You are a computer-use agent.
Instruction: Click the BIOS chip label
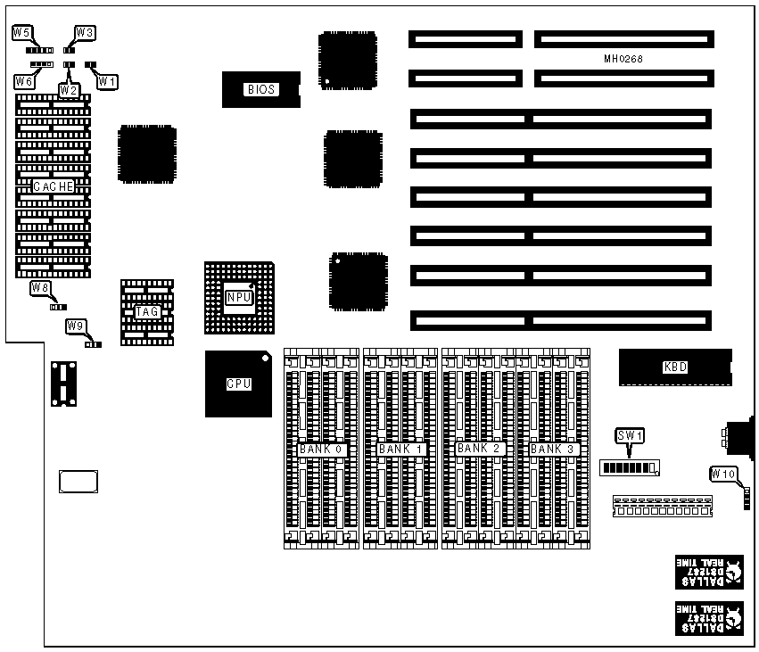point(260,89)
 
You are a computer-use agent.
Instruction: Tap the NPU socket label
point(237,297)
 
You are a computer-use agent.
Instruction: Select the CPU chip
point(238,384)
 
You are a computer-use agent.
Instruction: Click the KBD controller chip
point(675,367)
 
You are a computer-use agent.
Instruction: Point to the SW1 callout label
point(630,436)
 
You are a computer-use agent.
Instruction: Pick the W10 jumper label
point(723,474)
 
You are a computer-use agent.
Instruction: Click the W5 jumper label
point(22,33)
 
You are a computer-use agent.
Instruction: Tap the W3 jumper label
point(86,33)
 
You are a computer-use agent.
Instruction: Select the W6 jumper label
point(24,81)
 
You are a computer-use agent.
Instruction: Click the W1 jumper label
point(107,81)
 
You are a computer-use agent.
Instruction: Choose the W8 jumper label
point(40,287)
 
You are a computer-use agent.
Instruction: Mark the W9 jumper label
point(76,326)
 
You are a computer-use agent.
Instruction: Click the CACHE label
point(54,186)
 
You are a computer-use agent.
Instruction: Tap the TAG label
point(146,312)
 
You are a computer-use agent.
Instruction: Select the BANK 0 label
point(321,449)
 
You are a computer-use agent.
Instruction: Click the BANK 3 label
point(553,449)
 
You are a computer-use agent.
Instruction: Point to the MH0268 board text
point(623,59)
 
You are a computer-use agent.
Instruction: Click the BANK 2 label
point(479,449)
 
